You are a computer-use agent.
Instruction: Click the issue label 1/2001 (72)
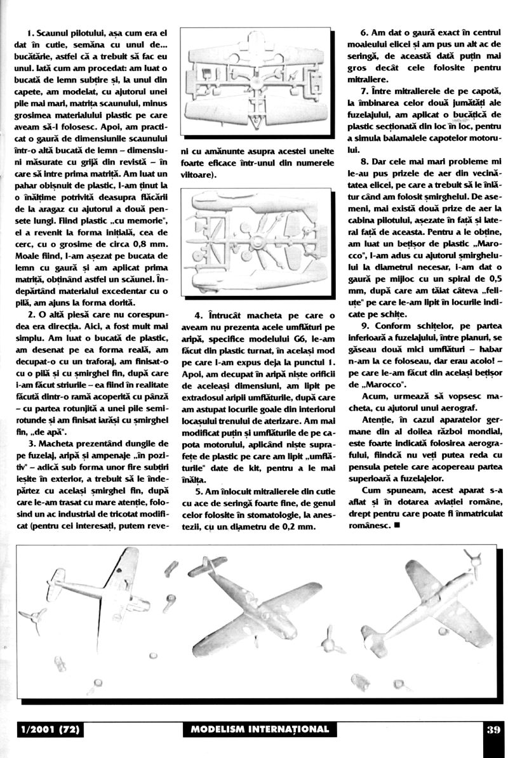coord(50,729)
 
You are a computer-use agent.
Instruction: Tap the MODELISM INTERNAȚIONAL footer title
coord(260,729)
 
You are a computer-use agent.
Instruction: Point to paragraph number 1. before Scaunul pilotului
coord(30,32)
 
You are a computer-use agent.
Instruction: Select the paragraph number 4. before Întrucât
coord(199,316)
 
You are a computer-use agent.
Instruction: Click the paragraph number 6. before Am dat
coord(364,32)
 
